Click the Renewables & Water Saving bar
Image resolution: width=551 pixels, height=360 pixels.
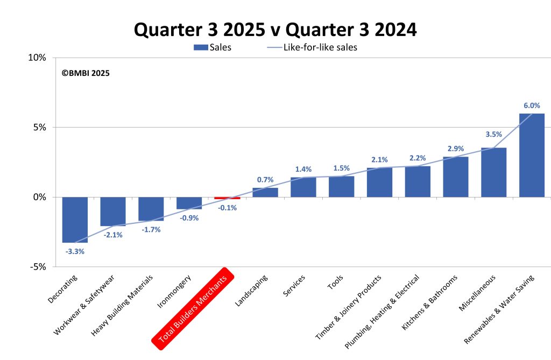click(531, 155)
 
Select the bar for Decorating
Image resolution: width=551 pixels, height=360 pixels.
click(75, 220)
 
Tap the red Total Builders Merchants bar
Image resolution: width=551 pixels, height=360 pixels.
click(227, 198)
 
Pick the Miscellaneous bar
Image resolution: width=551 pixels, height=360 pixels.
click(493, 172)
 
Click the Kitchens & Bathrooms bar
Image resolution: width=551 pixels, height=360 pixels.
click(455, 177)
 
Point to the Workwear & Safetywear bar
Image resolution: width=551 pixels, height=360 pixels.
click(113, 211)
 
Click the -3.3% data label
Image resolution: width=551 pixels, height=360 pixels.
click(75, 251)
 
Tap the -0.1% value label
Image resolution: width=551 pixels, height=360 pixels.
click(227, 208)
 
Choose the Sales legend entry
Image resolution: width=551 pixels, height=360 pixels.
click(213, 47)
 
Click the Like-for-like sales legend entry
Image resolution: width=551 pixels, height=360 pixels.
click(312, 47)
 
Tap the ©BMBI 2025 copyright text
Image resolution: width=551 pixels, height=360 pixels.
click(86, 73)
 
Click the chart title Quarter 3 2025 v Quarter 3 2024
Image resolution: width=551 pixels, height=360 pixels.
click(275, 30)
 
